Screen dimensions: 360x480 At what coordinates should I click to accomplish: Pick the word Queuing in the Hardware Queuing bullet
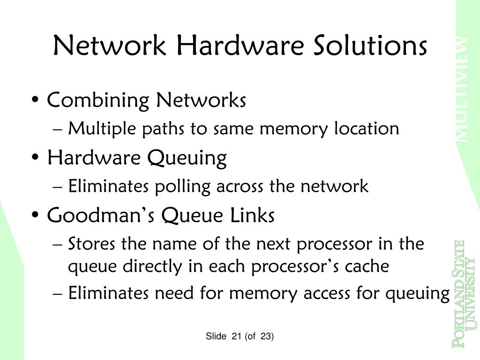[187, 158]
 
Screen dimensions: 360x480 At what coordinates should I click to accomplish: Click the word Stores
[92, 244]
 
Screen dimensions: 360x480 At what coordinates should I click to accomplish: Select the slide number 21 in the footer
[236, 337]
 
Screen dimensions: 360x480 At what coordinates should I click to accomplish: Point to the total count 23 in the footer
[267, 337]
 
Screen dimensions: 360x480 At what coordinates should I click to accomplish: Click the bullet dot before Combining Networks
[36, 101]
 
